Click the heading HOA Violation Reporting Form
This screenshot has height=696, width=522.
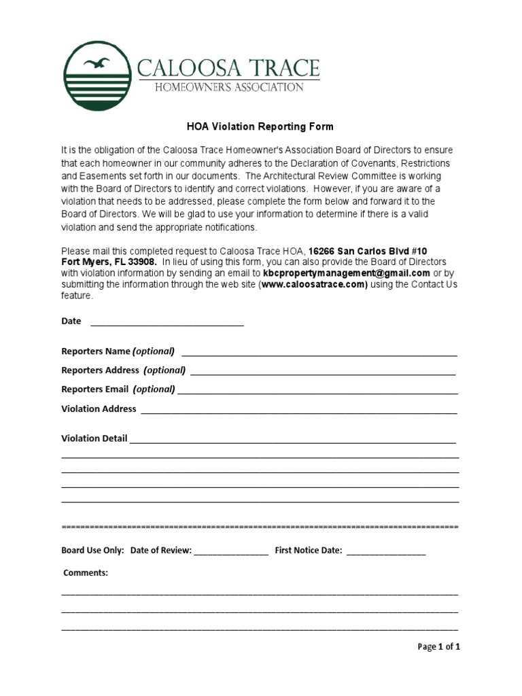260,126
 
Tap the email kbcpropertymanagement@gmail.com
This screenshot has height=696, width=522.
347,273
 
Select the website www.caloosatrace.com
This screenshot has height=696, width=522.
313,285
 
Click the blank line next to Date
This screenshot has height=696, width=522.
167,324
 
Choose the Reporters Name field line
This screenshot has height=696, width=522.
319,353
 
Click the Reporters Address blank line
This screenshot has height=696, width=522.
323,372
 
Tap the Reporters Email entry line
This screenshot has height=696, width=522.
317,391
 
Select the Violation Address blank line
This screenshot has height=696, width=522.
299,411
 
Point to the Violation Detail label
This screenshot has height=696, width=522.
94,438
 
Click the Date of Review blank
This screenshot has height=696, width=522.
231,553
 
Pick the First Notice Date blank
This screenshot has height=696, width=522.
386,553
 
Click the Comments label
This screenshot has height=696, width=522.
86,573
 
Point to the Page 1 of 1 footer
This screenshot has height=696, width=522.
438,647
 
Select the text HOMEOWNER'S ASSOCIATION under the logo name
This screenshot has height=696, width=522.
220,87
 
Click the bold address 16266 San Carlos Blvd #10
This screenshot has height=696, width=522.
368,251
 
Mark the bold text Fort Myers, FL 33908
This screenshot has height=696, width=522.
109,262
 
